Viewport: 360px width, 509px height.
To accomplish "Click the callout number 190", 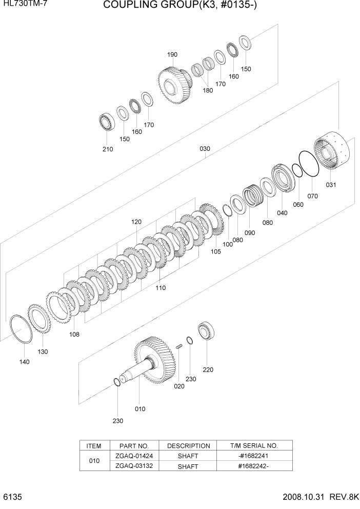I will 172,54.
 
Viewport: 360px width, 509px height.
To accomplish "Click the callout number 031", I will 331,185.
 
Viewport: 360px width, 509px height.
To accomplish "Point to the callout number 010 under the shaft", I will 139,409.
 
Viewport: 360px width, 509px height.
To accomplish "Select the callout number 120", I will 136,222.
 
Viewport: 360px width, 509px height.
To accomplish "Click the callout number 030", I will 205,149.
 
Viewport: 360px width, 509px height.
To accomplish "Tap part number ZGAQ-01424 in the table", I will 134,455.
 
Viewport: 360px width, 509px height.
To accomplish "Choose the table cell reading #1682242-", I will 254,466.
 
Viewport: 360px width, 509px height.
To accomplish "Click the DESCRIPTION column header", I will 189,445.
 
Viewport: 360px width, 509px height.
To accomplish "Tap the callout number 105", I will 215,251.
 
